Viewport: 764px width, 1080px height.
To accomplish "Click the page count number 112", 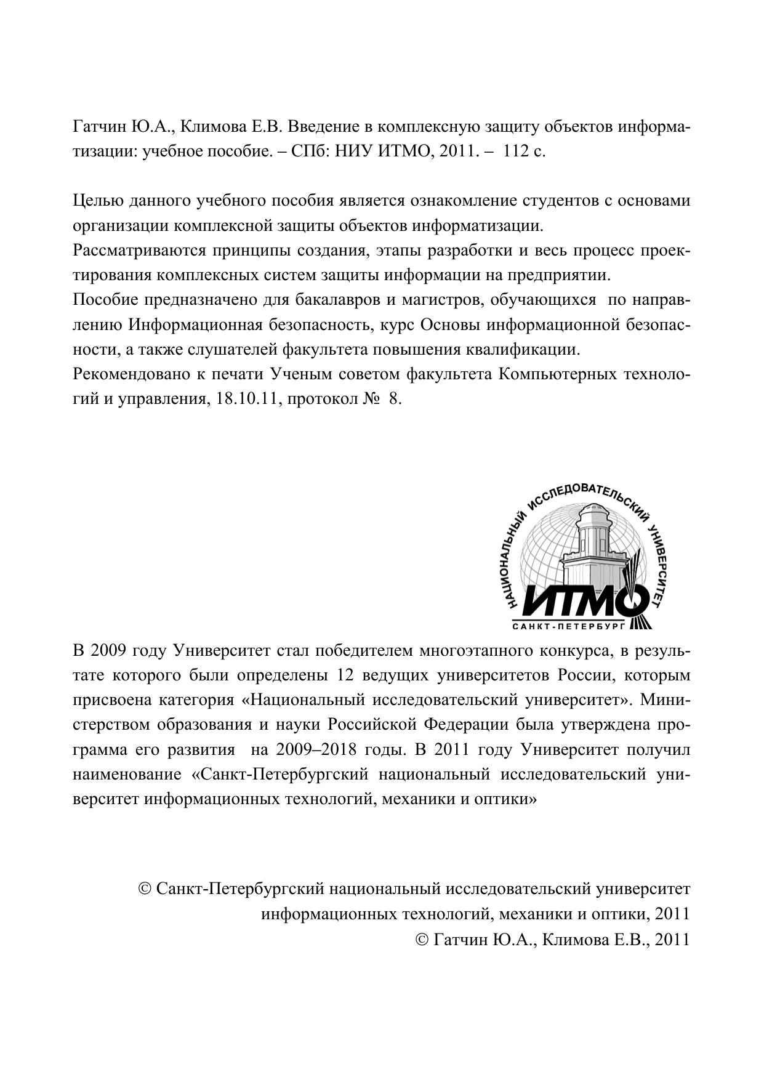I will [516, 151].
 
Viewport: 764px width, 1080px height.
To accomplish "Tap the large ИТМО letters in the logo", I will [582, 600].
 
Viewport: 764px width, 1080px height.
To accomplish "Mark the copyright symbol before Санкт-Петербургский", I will [145, 889].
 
